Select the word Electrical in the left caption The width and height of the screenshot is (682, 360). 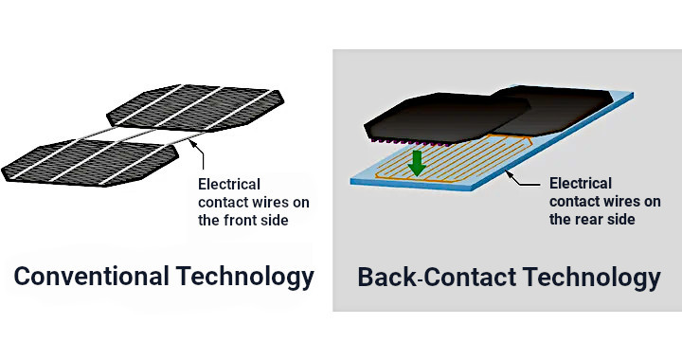click(x=228, y=184)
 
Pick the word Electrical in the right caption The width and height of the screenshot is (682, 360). click(x=581, y=183)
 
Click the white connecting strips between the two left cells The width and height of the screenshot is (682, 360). click(x=142, y=135)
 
